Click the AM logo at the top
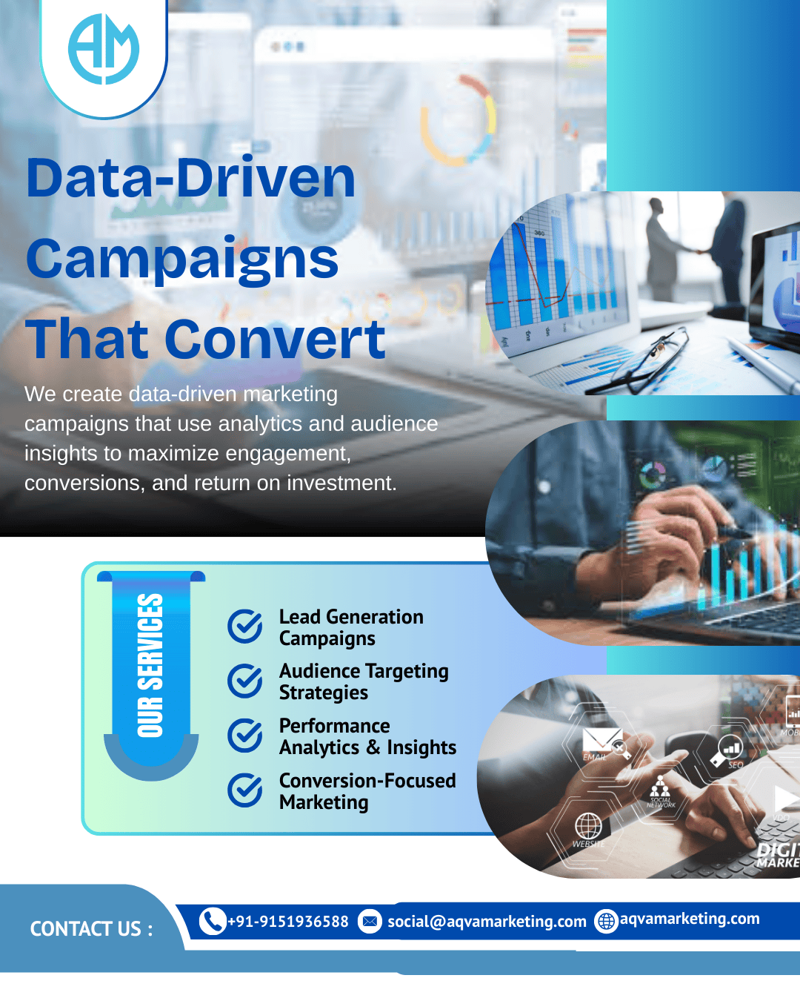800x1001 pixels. click(x=104, y=50)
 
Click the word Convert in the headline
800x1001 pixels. click(x=275, y=340)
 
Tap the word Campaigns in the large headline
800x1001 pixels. click(x=182, y=260)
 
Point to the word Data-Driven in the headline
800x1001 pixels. click(x=191, y=179)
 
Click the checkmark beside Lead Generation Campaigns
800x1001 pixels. click(x=244, y=627)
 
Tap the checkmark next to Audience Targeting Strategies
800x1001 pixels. click(x=244, y=681)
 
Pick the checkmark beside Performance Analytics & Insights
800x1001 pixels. click(x=244, y=736)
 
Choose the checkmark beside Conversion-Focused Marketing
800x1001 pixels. click(x=244, y=790)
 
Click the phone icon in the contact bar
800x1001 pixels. click(x=213, y=921)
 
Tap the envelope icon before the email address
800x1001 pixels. click(x=370, y=921)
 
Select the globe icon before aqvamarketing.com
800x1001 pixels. click(x=606, y=921)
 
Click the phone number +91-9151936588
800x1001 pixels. click(x=288, y=922)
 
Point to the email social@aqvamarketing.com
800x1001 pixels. click(x=487, y=922)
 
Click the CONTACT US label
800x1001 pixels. click(x=91, y=929)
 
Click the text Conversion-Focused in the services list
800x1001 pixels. click(x=367, y=781)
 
